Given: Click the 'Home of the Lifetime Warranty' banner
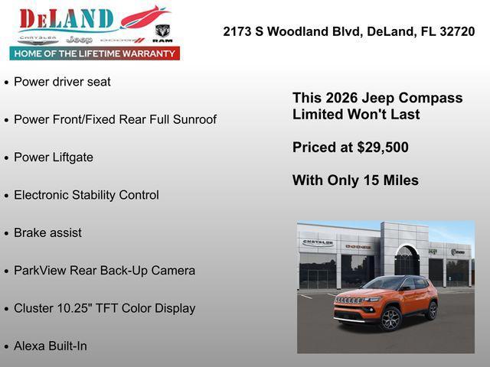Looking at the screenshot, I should [95, 54].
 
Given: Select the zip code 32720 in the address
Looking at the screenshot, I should [457, 31].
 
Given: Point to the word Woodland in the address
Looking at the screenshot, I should [292, 31].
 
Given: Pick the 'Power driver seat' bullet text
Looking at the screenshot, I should [62, 82].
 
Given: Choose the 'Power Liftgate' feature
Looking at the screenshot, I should [54, 158].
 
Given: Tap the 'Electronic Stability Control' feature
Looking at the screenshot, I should [87, 195].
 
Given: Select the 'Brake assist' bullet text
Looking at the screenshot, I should [47, 232].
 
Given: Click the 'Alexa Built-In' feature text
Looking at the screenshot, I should [51, 346].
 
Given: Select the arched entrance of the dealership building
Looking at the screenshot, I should [407, 260].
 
